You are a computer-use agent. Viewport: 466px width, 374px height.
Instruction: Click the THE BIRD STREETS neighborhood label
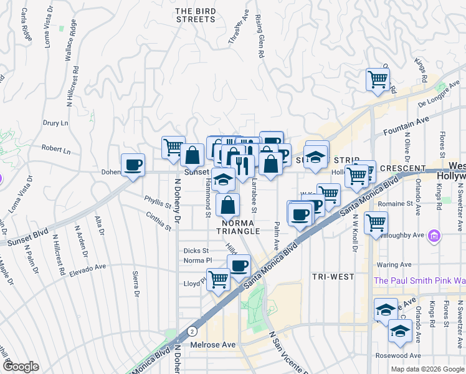195,15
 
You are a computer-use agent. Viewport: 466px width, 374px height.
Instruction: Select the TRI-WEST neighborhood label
333,276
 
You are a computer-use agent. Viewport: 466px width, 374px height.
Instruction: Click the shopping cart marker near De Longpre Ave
378,80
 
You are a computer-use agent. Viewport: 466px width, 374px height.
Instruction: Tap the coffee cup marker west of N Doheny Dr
133,165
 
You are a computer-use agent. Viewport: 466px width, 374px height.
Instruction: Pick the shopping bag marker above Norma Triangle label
229,204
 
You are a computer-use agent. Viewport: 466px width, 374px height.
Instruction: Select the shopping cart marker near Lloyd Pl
218,279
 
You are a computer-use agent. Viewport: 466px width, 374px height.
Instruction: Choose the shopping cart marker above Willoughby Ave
376,222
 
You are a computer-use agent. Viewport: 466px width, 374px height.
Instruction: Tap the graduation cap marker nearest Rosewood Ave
399,332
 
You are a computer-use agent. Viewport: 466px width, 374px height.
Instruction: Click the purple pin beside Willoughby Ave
435,236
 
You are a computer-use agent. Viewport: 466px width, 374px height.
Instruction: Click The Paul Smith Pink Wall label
419,281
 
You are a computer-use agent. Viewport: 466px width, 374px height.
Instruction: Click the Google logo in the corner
20,367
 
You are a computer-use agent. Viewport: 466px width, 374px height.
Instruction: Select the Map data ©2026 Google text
427,369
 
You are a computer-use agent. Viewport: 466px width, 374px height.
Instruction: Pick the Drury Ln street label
55,123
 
